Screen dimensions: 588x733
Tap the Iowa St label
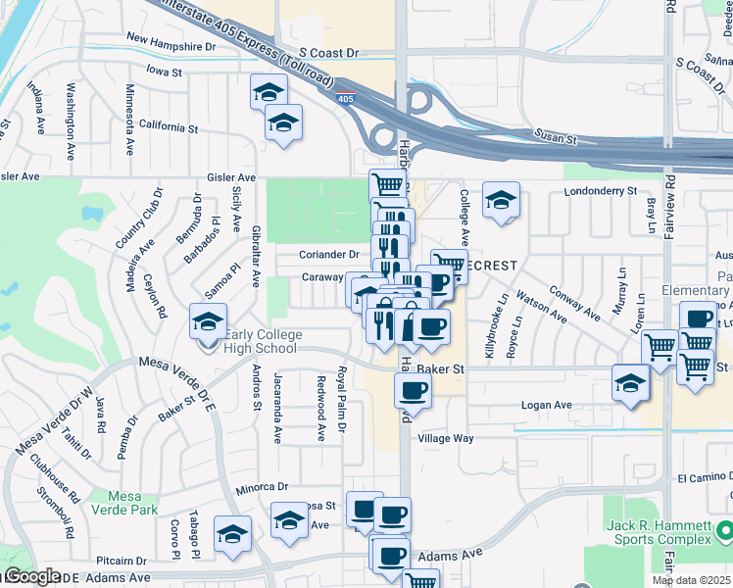[165, 72]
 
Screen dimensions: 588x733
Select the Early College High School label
[260, 341]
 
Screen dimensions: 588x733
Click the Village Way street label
[446, 439]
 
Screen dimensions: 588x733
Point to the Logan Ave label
[548, 405]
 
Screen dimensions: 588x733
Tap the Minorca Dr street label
[262, 486]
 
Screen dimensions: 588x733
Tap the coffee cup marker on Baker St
[413, 391]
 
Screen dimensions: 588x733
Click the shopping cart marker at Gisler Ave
[387, 183]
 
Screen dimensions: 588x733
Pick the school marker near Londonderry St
[501, 200]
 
